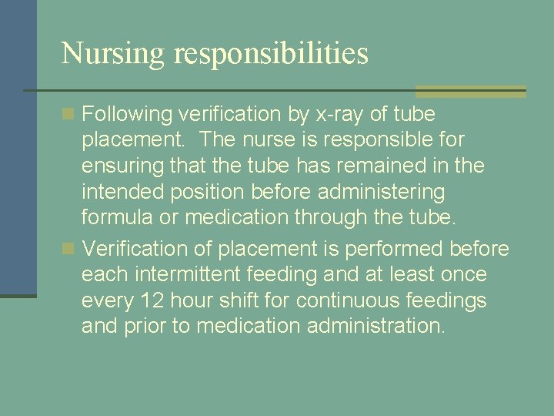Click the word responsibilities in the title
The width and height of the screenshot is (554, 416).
point(272,53)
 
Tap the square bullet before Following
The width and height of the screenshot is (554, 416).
point(69,115)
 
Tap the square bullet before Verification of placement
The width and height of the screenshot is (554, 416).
point(69,249)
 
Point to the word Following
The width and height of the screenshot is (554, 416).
point(127,115)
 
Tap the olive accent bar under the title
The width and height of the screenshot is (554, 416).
point(470,91)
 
